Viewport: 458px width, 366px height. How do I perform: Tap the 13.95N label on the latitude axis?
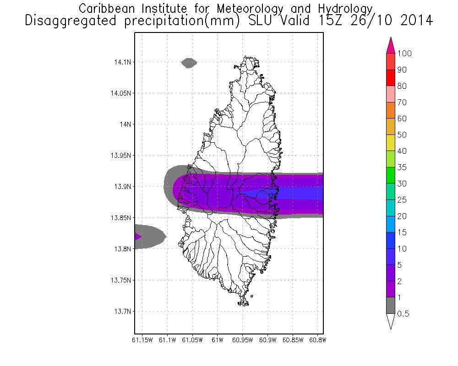(x=120, y=156)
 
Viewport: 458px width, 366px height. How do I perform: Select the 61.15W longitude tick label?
(x=142, y=340)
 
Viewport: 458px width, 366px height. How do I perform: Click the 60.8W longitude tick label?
(x=318, y=340)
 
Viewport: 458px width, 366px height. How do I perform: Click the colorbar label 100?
(x=405, y=54)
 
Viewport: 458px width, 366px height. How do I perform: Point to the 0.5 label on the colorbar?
(x=403, y=314)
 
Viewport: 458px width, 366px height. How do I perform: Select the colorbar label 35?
(x=402, y=167)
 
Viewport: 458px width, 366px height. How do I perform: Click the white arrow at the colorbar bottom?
(x=391, y=321)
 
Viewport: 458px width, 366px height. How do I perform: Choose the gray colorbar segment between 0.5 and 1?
(x=391, y=306)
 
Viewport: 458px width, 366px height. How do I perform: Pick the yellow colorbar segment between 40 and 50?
(x=391, y=143)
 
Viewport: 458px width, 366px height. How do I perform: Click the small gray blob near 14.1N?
(x=189, y=63)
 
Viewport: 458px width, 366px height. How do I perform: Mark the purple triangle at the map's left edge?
(x=138, y=237)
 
